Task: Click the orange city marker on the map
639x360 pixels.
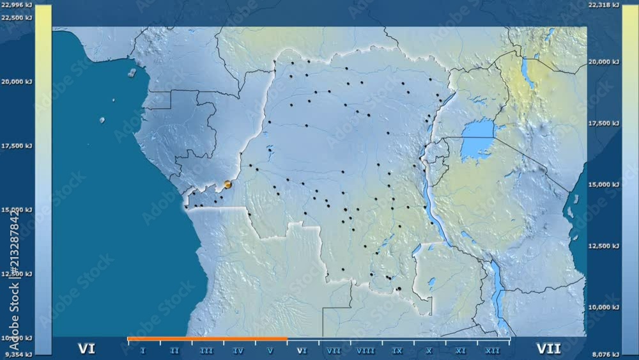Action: pos(227,185)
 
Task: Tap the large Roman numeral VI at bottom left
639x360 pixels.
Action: pos(87,348)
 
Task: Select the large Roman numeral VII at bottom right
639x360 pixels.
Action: pos(548,348)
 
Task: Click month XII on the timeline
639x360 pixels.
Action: pos(493,350)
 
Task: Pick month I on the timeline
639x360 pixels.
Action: pos(142,350)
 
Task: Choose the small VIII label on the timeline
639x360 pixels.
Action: pos(366,350)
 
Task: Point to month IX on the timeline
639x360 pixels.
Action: pos(397,350)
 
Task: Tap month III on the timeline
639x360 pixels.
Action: pos(206,350)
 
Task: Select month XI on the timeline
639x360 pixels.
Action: pos(461,350)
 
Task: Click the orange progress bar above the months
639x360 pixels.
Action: pos(207,339)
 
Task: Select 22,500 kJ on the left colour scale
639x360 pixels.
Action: pos(17,18)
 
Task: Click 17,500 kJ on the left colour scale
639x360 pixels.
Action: pos(17,146)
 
